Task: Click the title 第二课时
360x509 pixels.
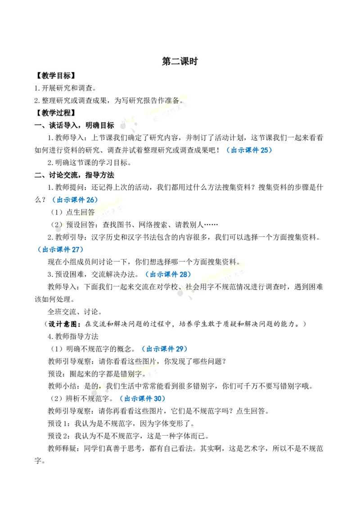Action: click(180, 61)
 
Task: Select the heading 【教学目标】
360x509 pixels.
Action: click(56, 76)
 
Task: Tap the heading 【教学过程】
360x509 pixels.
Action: click(56, 113)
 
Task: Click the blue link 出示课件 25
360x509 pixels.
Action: click(250, 150)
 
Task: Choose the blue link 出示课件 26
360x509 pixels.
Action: click(76, 200)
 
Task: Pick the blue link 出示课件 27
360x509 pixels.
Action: click(61, 249)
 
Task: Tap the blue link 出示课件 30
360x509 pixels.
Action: click(143, 399)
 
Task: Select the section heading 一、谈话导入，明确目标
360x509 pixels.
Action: click(74, 125)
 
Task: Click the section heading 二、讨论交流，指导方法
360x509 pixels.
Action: click(74, 175)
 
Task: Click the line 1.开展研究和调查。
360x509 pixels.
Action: click(65, 88)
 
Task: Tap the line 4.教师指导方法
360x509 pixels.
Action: click(73, 336)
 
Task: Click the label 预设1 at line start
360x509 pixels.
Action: click(59, 424)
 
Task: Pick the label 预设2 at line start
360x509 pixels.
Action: click(59, 436)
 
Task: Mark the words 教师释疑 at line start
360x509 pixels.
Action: click(62, 449)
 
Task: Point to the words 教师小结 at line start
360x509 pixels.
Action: click(62, 386)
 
